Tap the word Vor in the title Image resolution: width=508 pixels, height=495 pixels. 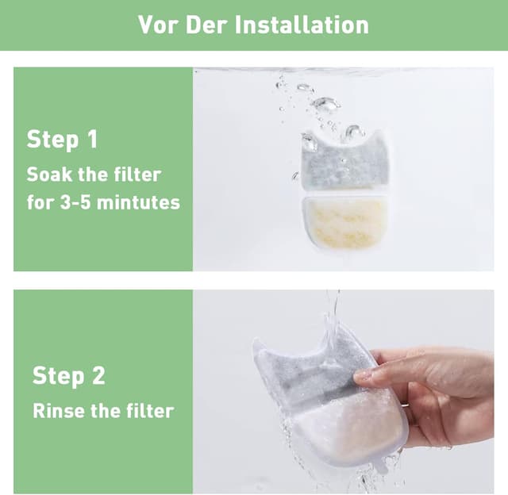156,24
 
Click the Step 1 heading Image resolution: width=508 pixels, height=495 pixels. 62,140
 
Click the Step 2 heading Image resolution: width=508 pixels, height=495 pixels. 68,375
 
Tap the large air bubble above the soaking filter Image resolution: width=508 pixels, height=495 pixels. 324,103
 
